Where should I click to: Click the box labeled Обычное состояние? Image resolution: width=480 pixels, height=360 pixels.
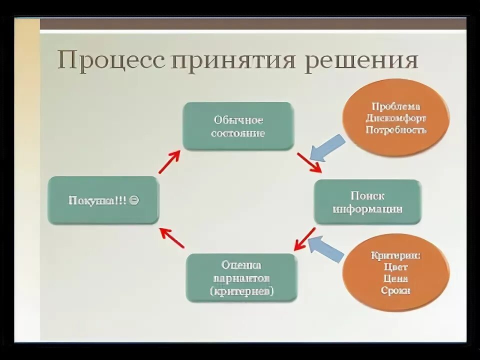click(238, 126)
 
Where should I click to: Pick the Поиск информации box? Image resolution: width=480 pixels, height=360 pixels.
click(367, 202)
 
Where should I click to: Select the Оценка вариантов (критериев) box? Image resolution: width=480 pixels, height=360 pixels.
click(241, 278)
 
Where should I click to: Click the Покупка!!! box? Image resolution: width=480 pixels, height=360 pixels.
click(103, 200)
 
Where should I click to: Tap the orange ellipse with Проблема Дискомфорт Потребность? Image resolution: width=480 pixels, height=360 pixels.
click(396, 118)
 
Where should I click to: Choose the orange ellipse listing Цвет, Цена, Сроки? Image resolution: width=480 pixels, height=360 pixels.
click(396, 273)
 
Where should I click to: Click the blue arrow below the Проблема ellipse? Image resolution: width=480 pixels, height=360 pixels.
click(326, 147)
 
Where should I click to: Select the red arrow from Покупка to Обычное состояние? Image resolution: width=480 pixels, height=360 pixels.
click(169, 162)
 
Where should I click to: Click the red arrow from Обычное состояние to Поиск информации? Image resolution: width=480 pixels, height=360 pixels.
click(309, 162)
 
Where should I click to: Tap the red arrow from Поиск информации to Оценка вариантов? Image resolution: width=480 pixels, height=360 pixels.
click(304, 239)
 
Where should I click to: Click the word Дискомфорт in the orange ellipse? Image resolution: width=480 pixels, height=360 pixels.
click(396, 118)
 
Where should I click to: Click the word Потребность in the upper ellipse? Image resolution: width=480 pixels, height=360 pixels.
click(396, 130)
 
